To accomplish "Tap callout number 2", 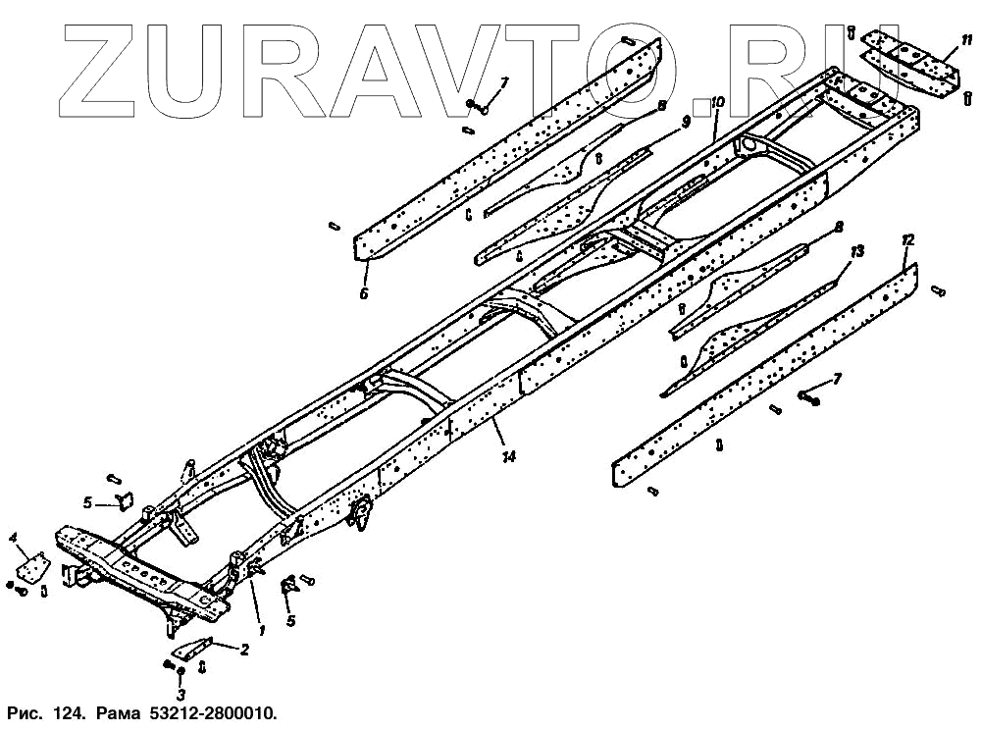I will coord(244,649).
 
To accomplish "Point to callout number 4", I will coord(14,537).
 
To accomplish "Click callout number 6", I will coord(364,292).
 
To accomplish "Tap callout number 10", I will coord(717,101).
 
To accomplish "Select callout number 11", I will coord(967,40).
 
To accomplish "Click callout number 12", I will coord(908,239).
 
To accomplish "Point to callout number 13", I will coord(857,252).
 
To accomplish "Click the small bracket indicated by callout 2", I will coord(194,649).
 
